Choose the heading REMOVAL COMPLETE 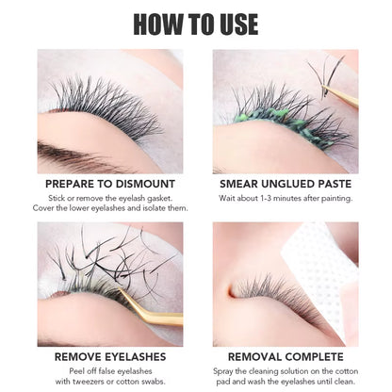[x=286, y=358]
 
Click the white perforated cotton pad [x=326, y=258]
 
